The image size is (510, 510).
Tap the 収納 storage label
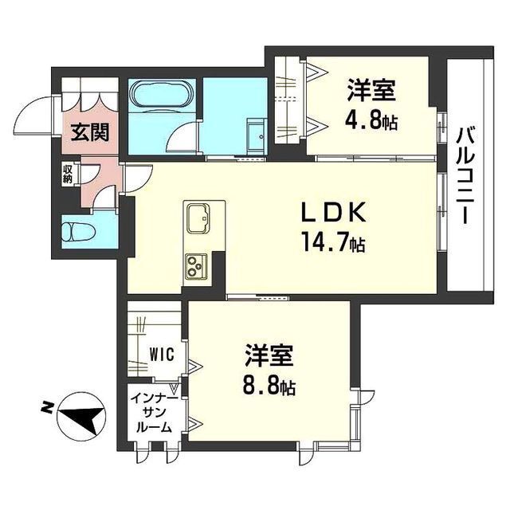point(68,174)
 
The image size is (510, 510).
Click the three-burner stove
point(196,265)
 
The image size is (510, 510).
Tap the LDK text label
point(333,214)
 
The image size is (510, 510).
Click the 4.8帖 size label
point(372,123)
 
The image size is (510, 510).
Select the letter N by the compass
point(47,408)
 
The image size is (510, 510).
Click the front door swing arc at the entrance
point(36,116)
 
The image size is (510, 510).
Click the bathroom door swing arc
point(185,140)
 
